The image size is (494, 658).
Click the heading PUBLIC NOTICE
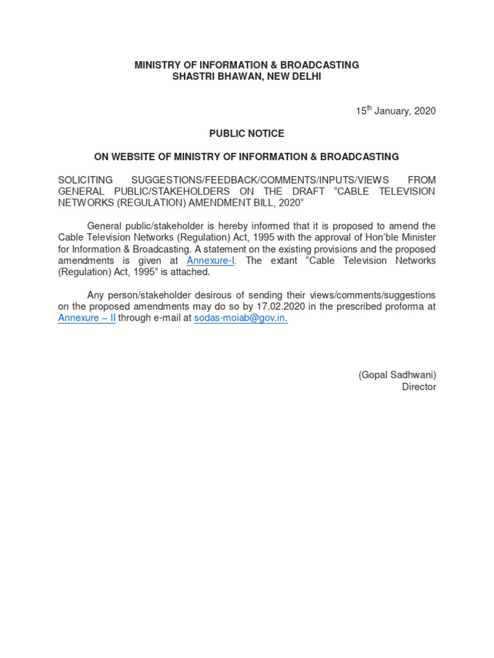246,134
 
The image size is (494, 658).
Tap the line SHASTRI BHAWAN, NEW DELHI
246,76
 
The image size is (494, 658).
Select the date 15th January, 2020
396,111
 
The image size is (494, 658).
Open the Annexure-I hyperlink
210,261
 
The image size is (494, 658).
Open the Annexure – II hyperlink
87,318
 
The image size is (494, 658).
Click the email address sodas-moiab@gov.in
241,318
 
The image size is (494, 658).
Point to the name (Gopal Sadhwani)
397,375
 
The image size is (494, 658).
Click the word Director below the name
419,387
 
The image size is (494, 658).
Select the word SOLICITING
86,180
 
